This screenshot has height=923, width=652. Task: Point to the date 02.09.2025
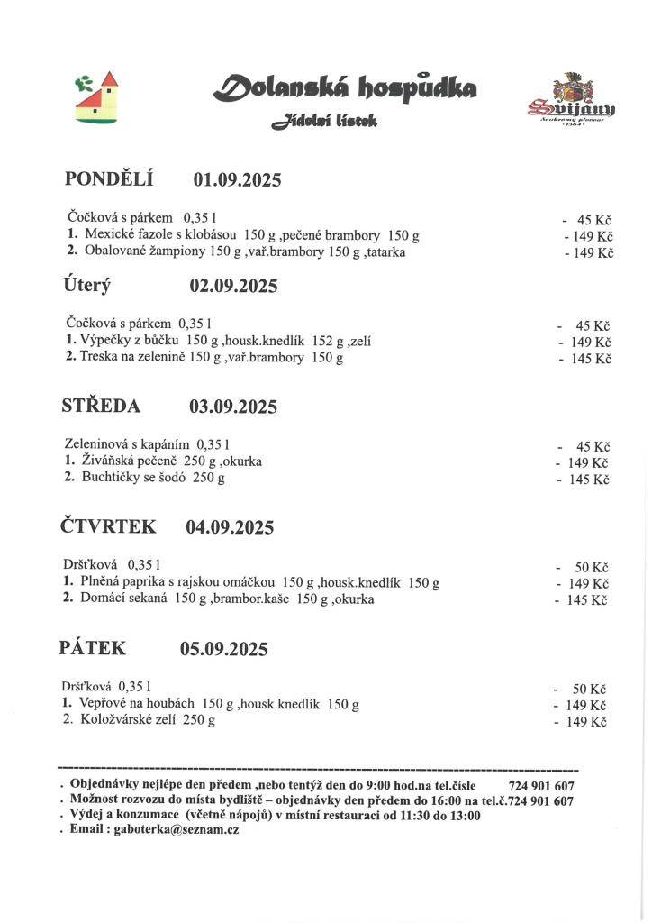click(x=233, y=287)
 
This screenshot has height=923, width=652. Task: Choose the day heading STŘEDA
click(x=101, y=406)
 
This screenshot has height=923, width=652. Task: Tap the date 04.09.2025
click(x=230, y=527)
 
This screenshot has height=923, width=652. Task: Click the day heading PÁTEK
click(x=93, y=647)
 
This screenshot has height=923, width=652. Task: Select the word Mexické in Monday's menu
click(x=108, y=235)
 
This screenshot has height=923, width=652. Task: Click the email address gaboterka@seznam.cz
click(x=177, y=829)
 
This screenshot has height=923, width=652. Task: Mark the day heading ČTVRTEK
click(x=108, y=526)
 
